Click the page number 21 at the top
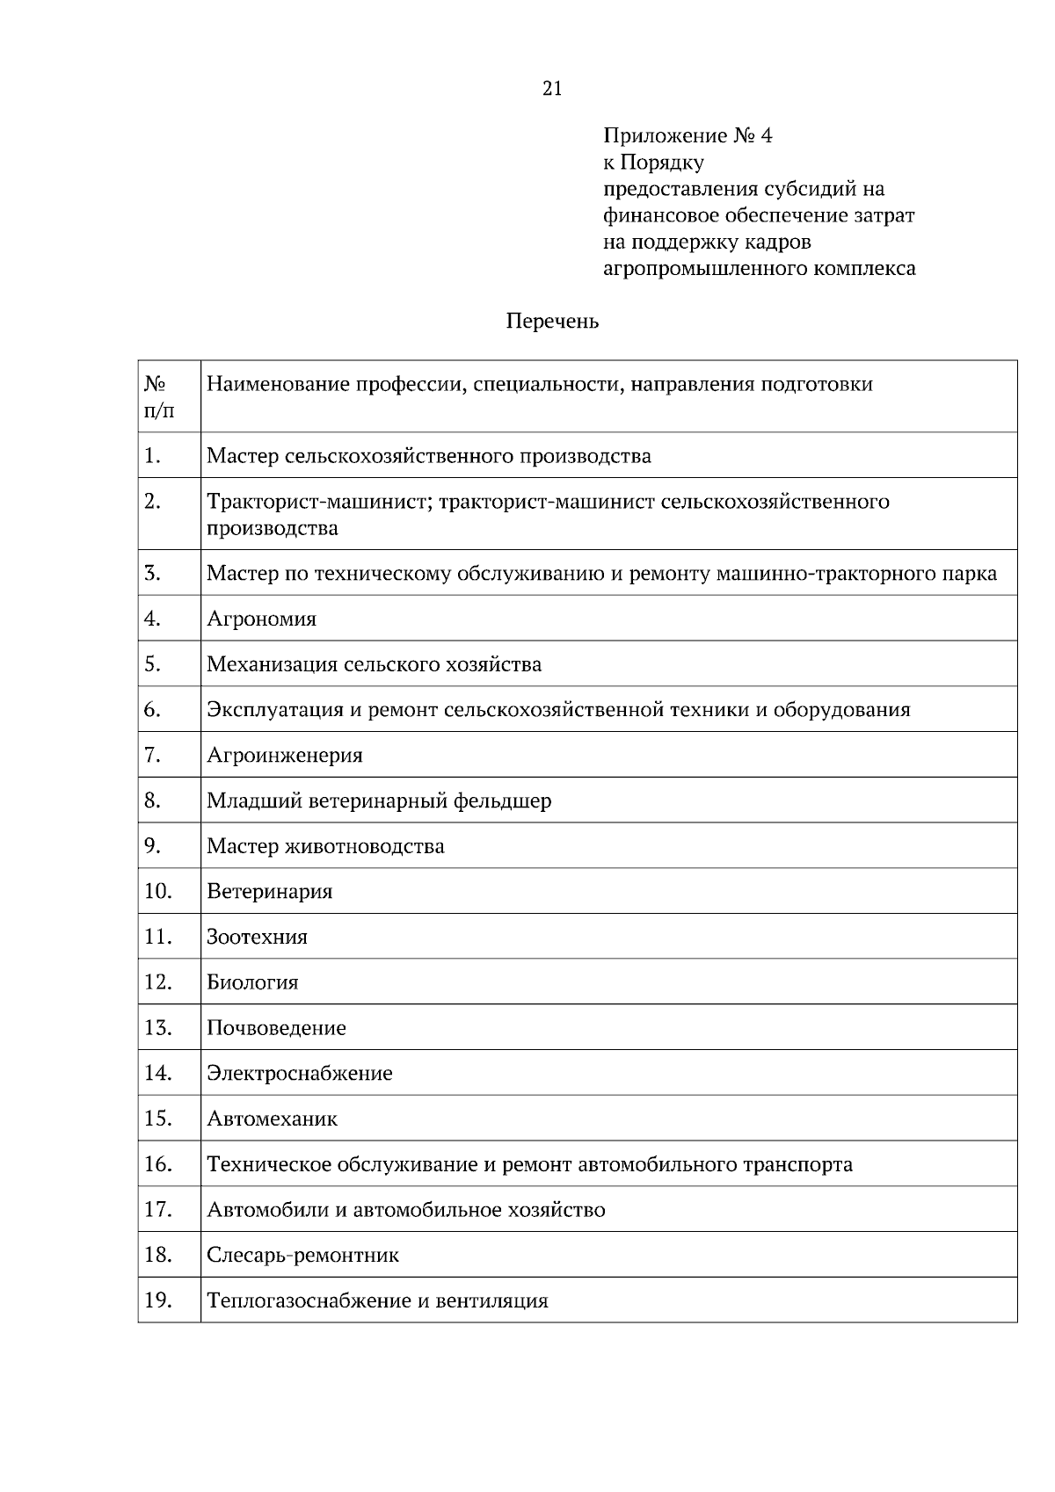click(x=552, y=88)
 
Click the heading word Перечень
click(x=552, y=322)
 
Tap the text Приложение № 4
click(x=687, y=136)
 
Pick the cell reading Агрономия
click(x=261, y=619)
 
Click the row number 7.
click(x=153, y=755)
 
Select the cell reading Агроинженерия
click(x=284, y=756)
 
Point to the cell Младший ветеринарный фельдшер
click(x=379, y=801)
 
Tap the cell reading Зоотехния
click(x=257, y=938)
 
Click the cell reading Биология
click(x=252, y=983)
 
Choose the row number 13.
click(x=157, y=1027)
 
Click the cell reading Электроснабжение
click(x=299, y=1074)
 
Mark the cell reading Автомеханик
click(x=272, y=1119)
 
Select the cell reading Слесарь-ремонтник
click(x=302, y=1256)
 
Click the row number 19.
click(x=157, y=1300)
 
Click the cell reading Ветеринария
click(x=269, y=892)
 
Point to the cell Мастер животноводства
click(x=325, y=847)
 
